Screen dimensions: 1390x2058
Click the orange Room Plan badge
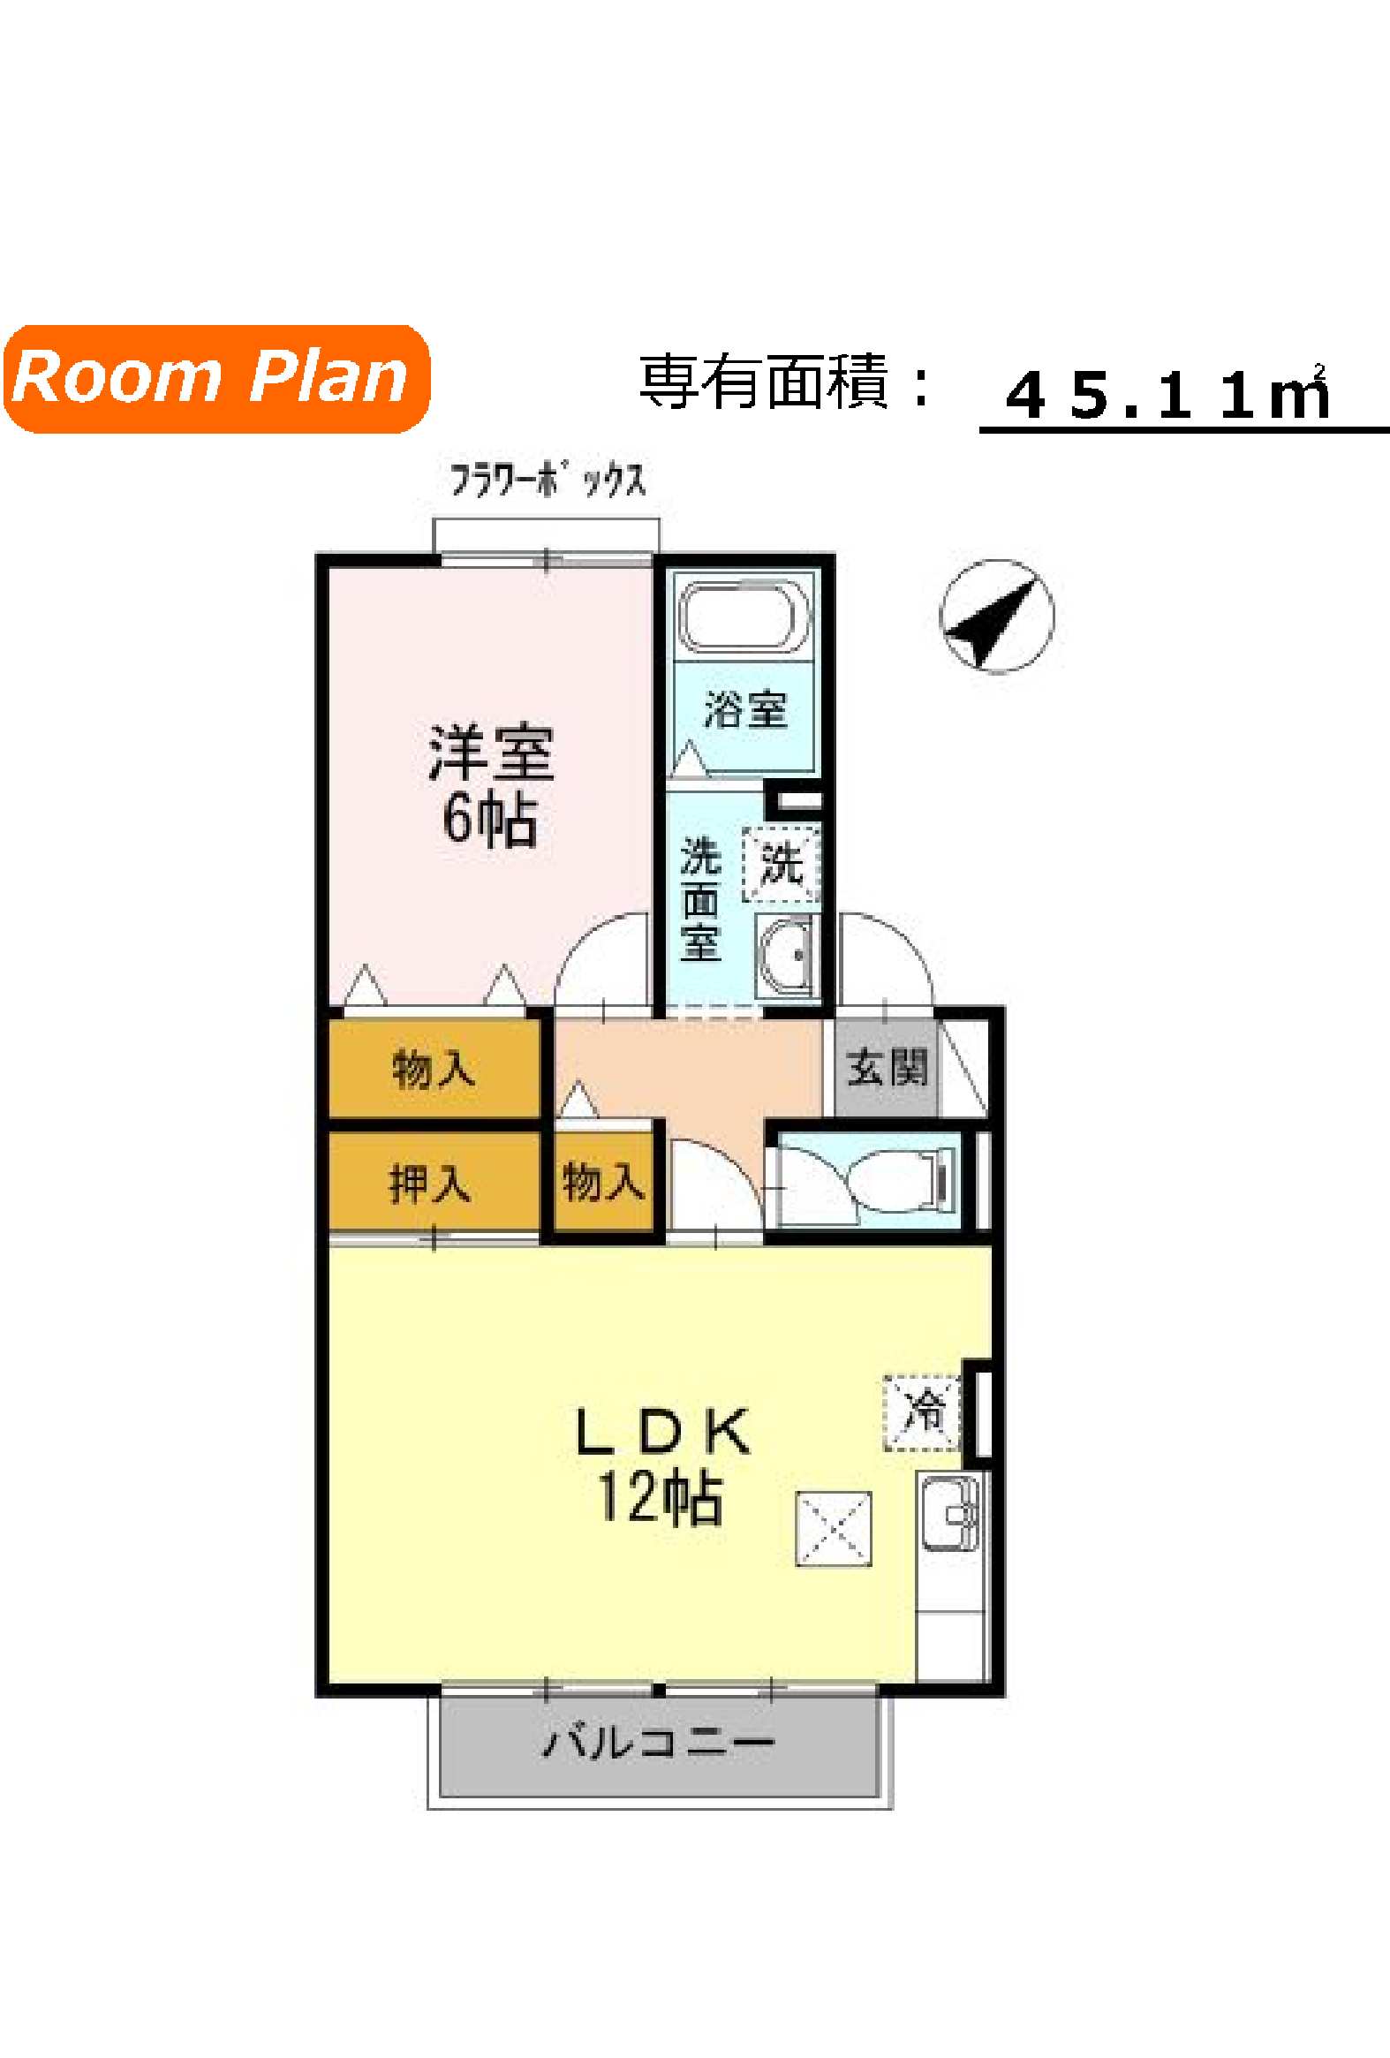[217, 378]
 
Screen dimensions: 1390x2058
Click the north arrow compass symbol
[997, 615]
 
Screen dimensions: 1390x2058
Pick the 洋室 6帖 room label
[490, 785]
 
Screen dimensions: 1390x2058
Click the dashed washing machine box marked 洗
[781, 865]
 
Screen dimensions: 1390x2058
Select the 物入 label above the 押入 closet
[434, 1069]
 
